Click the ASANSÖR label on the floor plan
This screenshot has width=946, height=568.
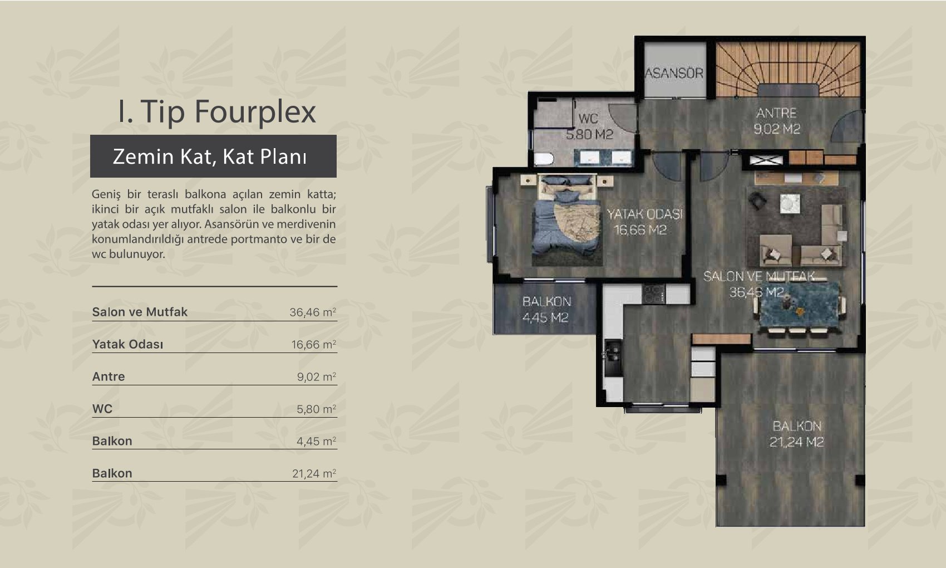(674, 73)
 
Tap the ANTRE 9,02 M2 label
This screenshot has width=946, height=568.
(777, 121)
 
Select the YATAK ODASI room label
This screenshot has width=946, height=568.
(644, 214)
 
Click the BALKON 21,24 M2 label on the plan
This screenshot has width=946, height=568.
(796, 434)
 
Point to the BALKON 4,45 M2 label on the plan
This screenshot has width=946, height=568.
(546, 310)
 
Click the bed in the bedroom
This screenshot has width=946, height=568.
(566, 220)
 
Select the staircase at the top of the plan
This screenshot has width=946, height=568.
(788, 69)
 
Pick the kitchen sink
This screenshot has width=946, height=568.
(613, 358)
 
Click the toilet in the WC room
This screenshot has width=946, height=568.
(544, 159)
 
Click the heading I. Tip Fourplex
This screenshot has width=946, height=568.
(217, 112)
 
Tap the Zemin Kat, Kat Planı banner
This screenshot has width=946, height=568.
(213, 156)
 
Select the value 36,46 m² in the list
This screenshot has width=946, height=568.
(313, 312)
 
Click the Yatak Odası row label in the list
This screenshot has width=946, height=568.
(127, 345)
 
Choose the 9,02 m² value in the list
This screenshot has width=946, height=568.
(316, 376)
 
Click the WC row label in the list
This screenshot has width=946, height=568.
(102, 409)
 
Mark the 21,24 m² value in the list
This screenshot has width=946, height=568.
(314, 473)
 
